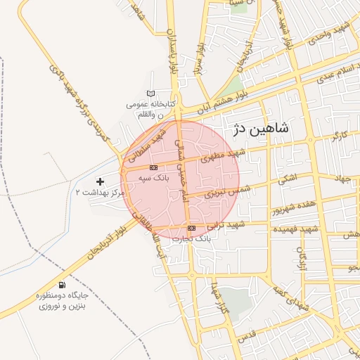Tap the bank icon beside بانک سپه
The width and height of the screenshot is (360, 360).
tap(153, 167)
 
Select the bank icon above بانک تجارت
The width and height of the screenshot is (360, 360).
tap(191, 229)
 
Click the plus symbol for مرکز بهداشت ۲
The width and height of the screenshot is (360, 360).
tap(100, 181)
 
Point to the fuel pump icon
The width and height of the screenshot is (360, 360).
tap(63, 285)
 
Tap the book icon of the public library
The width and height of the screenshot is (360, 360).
tap(150, 94)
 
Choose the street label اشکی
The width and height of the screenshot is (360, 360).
tap(287, 180)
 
